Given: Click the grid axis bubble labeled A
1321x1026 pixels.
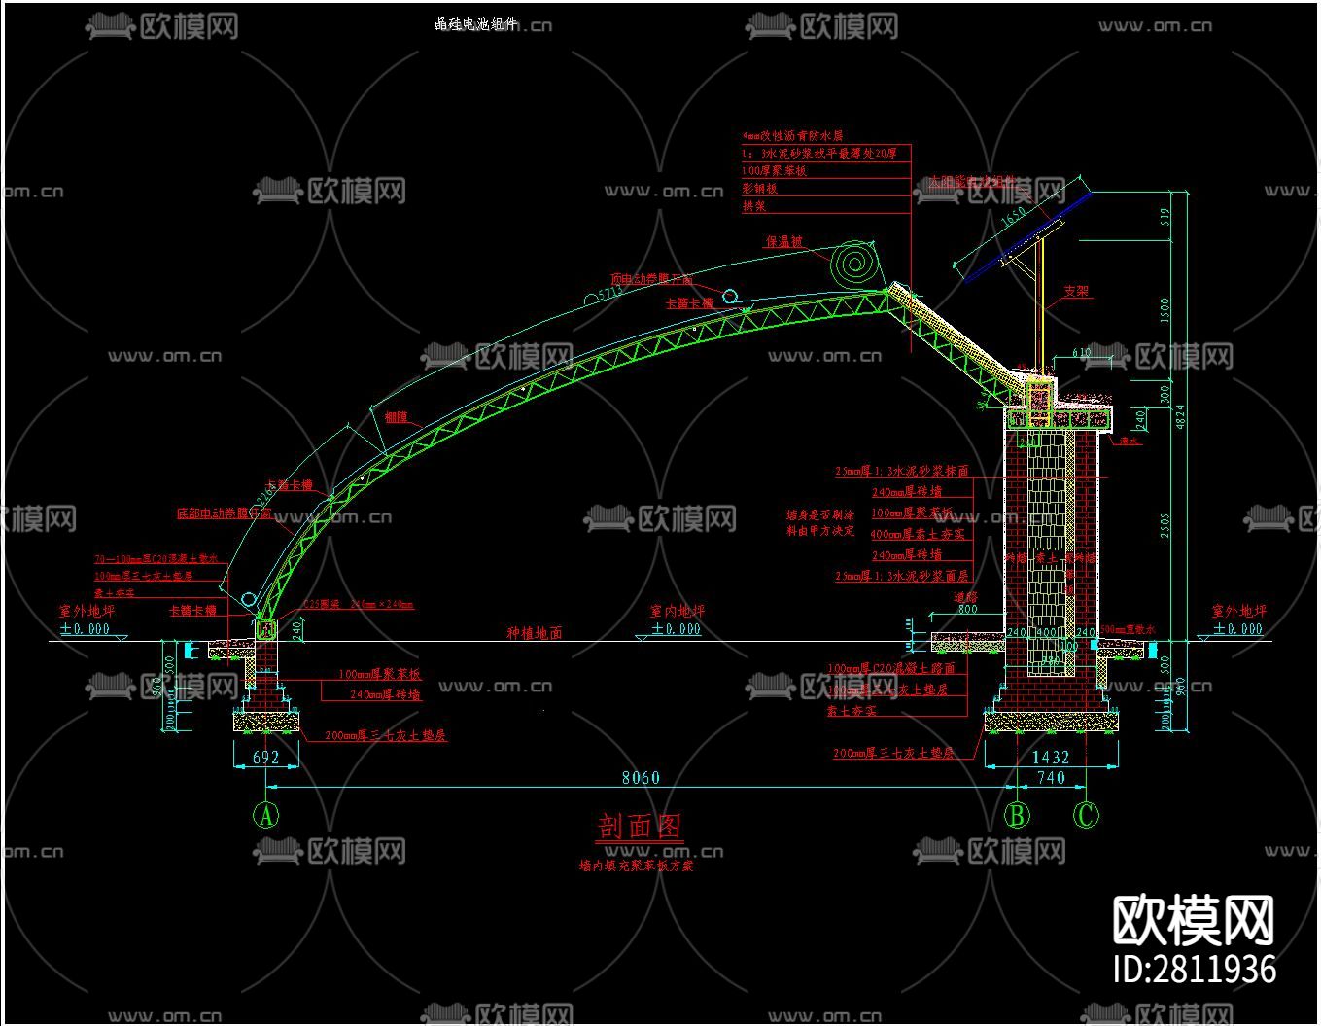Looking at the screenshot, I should tap(265, 815).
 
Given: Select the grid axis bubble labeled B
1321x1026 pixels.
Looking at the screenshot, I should tap(1017, 815).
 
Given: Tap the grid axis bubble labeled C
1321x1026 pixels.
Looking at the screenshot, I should tap(1086, 815).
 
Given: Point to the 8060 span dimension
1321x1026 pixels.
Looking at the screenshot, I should tap(641, 777).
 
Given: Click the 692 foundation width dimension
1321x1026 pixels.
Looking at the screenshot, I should tap(265, 757).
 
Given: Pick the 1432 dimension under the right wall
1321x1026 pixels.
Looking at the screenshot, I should tap(1050, 757).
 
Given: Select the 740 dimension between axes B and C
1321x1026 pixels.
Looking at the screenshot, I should tap(1051, 777).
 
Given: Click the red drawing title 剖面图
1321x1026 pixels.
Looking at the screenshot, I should tap(640, 827).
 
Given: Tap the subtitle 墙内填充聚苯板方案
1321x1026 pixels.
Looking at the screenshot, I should tap(636, 865).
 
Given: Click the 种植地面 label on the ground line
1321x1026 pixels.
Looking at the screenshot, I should tap(534, 633).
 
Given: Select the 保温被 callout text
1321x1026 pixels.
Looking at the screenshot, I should tap(784, 241).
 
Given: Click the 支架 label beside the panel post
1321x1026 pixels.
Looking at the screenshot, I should tap(1076, 291).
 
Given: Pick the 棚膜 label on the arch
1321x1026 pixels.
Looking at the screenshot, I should tap(396, 417).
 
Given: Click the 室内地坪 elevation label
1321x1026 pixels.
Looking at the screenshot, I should tap(677, 612).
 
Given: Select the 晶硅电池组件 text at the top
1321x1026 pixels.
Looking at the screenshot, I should tap(476, 24).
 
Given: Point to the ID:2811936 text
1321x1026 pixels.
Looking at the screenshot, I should tap(1194, 969).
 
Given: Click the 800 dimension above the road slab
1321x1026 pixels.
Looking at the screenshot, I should tap(967, 610).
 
